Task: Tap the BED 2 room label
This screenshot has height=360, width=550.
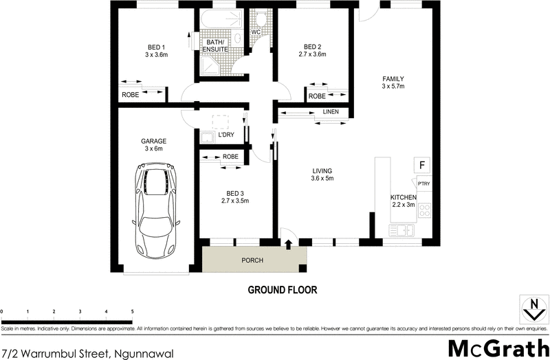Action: click(x=313, y=47)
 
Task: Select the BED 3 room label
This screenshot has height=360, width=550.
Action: click(x=234, y=193)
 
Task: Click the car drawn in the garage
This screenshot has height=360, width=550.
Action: click(x=158, y=210)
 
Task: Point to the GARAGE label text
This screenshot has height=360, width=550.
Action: click(x=154, y=142)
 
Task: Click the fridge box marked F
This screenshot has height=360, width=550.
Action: click(x=421, y=165)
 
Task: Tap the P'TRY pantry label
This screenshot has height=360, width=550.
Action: click(x=423, y=183)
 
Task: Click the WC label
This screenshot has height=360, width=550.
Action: click(x=256, y=32)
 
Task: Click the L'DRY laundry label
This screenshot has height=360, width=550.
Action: click(x=226, y=135)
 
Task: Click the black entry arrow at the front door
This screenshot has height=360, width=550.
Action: click(x=288, y=243)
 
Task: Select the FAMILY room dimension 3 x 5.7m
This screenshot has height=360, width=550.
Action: click(x=393, y=87)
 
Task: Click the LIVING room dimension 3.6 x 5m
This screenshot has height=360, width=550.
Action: click(x=322, y=179)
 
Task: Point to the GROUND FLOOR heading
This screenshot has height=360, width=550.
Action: click(x=283, y=290)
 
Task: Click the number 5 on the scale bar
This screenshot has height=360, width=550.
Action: click(x=132, y=312)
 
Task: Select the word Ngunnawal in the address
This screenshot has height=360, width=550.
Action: click(x=142, y=353)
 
